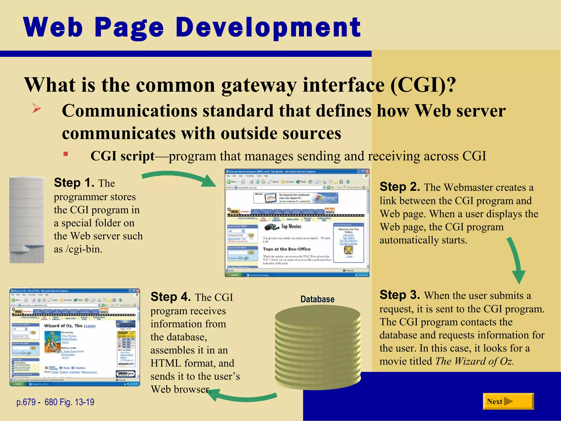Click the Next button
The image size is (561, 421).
click(508, 402)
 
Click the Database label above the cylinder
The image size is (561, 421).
click(317, 299)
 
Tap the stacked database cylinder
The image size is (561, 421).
click(318, 348)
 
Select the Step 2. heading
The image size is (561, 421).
click(400, 187)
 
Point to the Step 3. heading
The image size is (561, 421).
click(400, 295)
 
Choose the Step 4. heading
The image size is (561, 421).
click(170, 297)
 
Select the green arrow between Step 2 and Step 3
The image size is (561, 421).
click(516, 260)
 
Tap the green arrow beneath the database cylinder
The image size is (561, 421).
click(244, 396)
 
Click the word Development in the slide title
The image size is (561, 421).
click(268, 27)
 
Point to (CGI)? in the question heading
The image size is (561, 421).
click(423, 85)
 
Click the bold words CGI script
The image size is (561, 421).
click(122, 156)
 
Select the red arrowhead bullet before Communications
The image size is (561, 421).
click(36, 109)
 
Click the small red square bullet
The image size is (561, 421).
click(65, 154)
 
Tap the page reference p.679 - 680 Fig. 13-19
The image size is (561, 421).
click(55, 402)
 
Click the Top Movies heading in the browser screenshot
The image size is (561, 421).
click(291, 226)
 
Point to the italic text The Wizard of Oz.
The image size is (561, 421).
click(474, 361)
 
